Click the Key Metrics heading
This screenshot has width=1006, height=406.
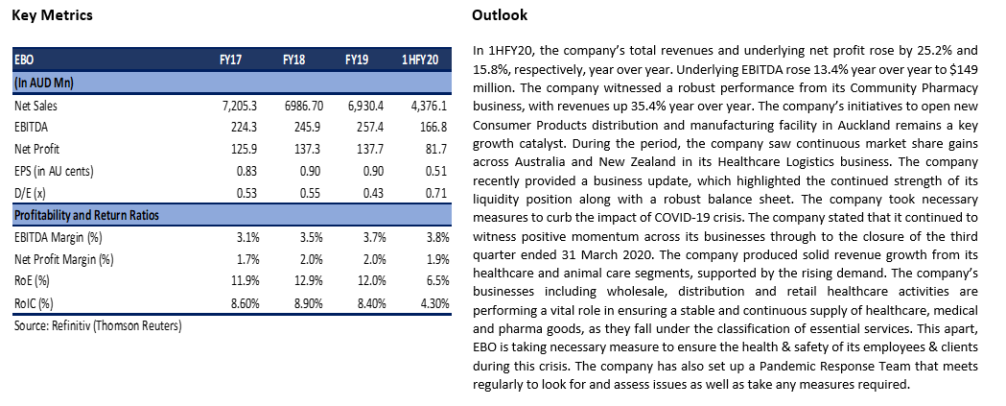click(52, 14)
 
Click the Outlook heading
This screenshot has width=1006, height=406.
click(500, 14)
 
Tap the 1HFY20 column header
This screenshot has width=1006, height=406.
click(420, 60)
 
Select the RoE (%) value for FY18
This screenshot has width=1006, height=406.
click(310, 281)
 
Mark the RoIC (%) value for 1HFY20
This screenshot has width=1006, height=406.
click(434, 304)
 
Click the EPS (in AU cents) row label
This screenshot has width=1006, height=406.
click(54, 172)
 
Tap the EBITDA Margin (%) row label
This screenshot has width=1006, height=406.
click(58, 238)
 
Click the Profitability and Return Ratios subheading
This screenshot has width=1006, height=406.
click(86, 215)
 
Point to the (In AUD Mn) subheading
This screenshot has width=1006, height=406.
click(43, 83)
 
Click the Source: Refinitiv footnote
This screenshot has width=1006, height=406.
click(98, 325)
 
